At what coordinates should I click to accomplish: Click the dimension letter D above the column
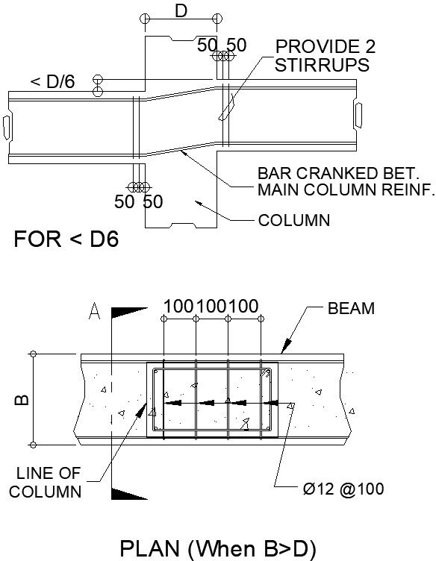pyautogui.click(x=180, y=11)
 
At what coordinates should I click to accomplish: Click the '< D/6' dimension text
pyautogui.click(x=53, y=81)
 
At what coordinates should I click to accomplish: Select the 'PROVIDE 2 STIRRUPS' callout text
pyautogui.click(x=325, y=56)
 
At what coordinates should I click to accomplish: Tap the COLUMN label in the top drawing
pyautogui.click(x=293, y=221)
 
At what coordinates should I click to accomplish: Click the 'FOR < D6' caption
pyautogui.click(x=66, y=240)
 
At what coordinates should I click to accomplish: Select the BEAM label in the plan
pyautogui.click(x=351, y=308)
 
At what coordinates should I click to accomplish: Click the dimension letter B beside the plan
pyautogui.click(x=22, y=400)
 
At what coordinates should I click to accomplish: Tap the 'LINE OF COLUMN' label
pyautogui.click(x=50, y=482)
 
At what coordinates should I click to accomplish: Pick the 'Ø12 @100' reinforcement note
pyautogui.click(x=344, y=489)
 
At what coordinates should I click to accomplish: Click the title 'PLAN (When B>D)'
pyautogui.click(x=217, y=549)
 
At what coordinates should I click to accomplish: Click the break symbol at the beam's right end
pyautogui.click(x=358, y=114)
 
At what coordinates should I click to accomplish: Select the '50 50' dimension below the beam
pyautogui.click(x=138, y=201)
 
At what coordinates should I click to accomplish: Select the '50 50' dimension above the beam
pyautogui.click(x=222, y=46)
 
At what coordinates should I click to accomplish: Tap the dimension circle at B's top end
pyautogui.click(x=33, y=354)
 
